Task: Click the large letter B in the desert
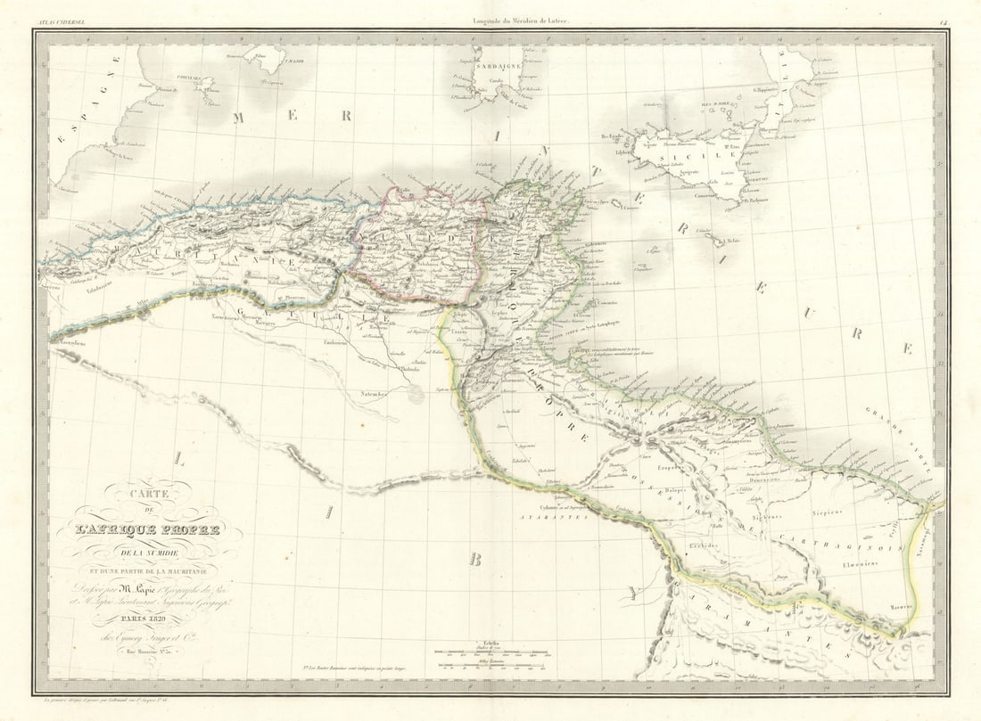point(475,560)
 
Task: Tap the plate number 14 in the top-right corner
point(942,20)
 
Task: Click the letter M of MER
point(239,118)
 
